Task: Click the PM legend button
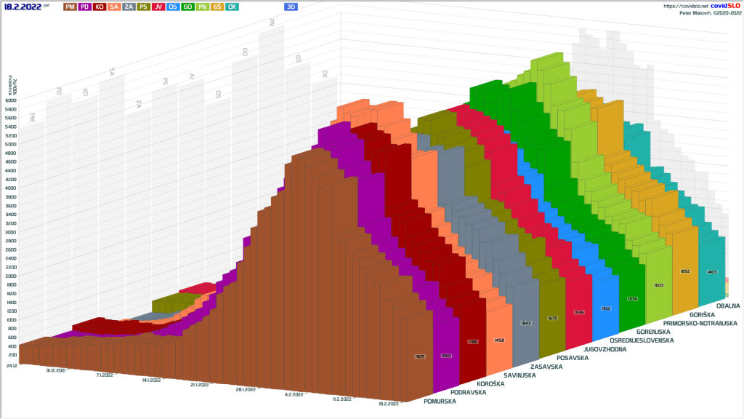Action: pyautogui.click(x=70, y=7)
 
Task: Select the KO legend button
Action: pyautogui.click(x=100, y=7)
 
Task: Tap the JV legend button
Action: pyautogui.click(x=158, y=7)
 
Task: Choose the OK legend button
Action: pyautogui.click(x=232, y=7)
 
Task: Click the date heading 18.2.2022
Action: pyautogui.click(x=23, y=6)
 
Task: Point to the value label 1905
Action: pyautogui.click(x=419, y=356)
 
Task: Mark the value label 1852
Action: pyautogui.click(x=684, y=271)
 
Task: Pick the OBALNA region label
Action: pyautogui.click(x=727, y=306)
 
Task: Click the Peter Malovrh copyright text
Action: pyautogui.click(x=709, y=13)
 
